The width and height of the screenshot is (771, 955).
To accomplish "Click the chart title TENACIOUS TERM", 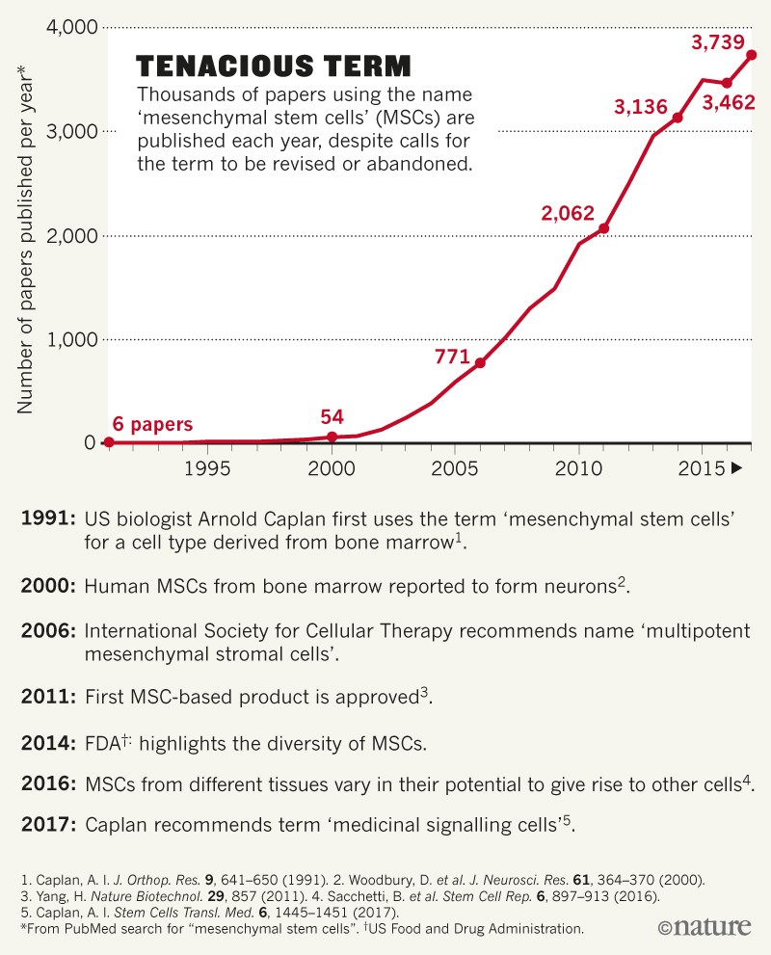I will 274,66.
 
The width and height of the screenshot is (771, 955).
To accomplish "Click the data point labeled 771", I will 480,362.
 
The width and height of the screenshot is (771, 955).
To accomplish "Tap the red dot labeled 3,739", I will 752,55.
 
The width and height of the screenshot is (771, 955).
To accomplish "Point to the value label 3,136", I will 641,107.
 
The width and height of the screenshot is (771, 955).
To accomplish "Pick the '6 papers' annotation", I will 153,424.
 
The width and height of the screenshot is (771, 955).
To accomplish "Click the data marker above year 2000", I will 332,437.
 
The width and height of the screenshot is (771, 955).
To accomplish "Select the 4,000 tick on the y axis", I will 70,28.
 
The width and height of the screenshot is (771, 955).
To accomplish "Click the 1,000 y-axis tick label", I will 70,339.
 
